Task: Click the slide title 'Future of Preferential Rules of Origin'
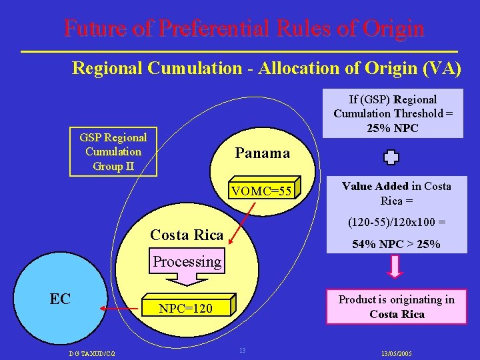pyautogui.click(x=244, y=28)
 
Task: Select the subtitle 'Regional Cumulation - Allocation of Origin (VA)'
pyautogui.click(x=267, y=68)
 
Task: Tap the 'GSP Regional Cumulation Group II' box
pyautogui.click(x=113, y=151)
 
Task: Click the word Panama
pyautogui.click(x=263, y=153)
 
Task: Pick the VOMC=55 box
pyautogui.click(x=261, y=192)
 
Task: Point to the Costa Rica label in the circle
pyautogui.click(x=187, y=235)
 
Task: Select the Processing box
pyautogui.click(x=187, y=261)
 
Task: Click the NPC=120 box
pyautogui.click(x=186, y=308)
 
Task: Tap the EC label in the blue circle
pyautogui.click(x=60, y=299)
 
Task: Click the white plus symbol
pyautogui.click(x=391, y=158)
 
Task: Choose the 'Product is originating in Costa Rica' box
pyautogui.click(x=396, y=307)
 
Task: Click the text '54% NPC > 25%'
pyautogui.click(x=396, y=245)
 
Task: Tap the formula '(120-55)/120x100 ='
pyautogui.click(x=396, y=223)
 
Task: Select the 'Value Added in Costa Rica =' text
pyautogui.click(x=396, y=193)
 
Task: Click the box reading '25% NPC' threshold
pyautogui.click(x=393, y=113)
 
